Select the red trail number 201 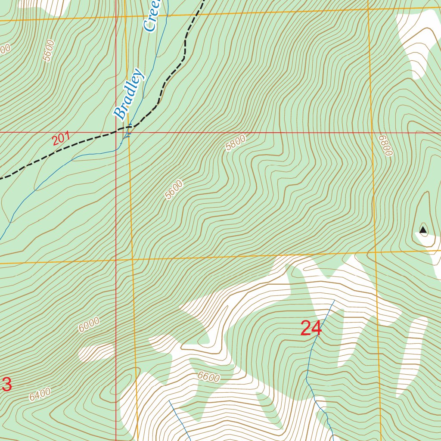click(x=61, y=140)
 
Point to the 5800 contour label click(x=236, y=143)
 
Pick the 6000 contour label click(x=89, y=324)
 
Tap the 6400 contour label click(x=40, y=394)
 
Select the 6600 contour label click(x=209, y=377)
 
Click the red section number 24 click(x=311, y=329)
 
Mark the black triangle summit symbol click(x=423, y=230)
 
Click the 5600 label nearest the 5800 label click(x=174, y=190)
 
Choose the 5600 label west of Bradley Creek click(x=49, y=50)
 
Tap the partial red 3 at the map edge click(x=7, y=385)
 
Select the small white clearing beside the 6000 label click(x=96, y=352)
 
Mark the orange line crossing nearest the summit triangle click(x=375, y=252)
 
